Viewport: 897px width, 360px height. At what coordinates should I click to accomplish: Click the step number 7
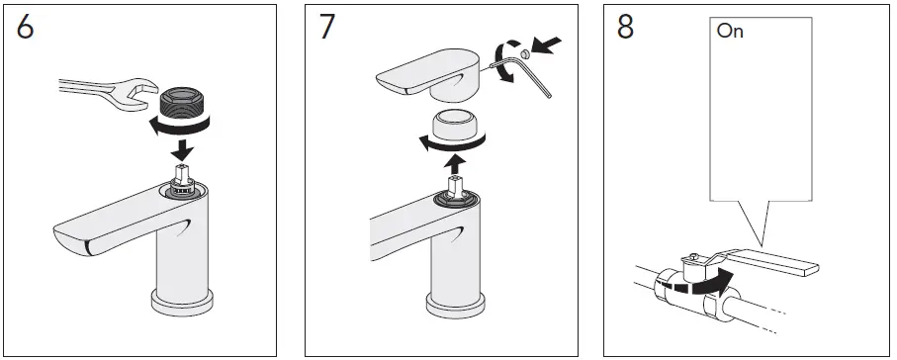[x=327, y=28]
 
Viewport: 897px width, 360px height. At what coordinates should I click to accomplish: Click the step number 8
[x=625, y=28]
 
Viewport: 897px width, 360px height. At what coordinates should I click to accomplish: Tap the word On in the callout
[x=731, y=32]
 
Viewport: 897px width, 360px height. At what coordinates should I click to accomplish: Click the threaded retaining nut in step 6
[x=181, y=102]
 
